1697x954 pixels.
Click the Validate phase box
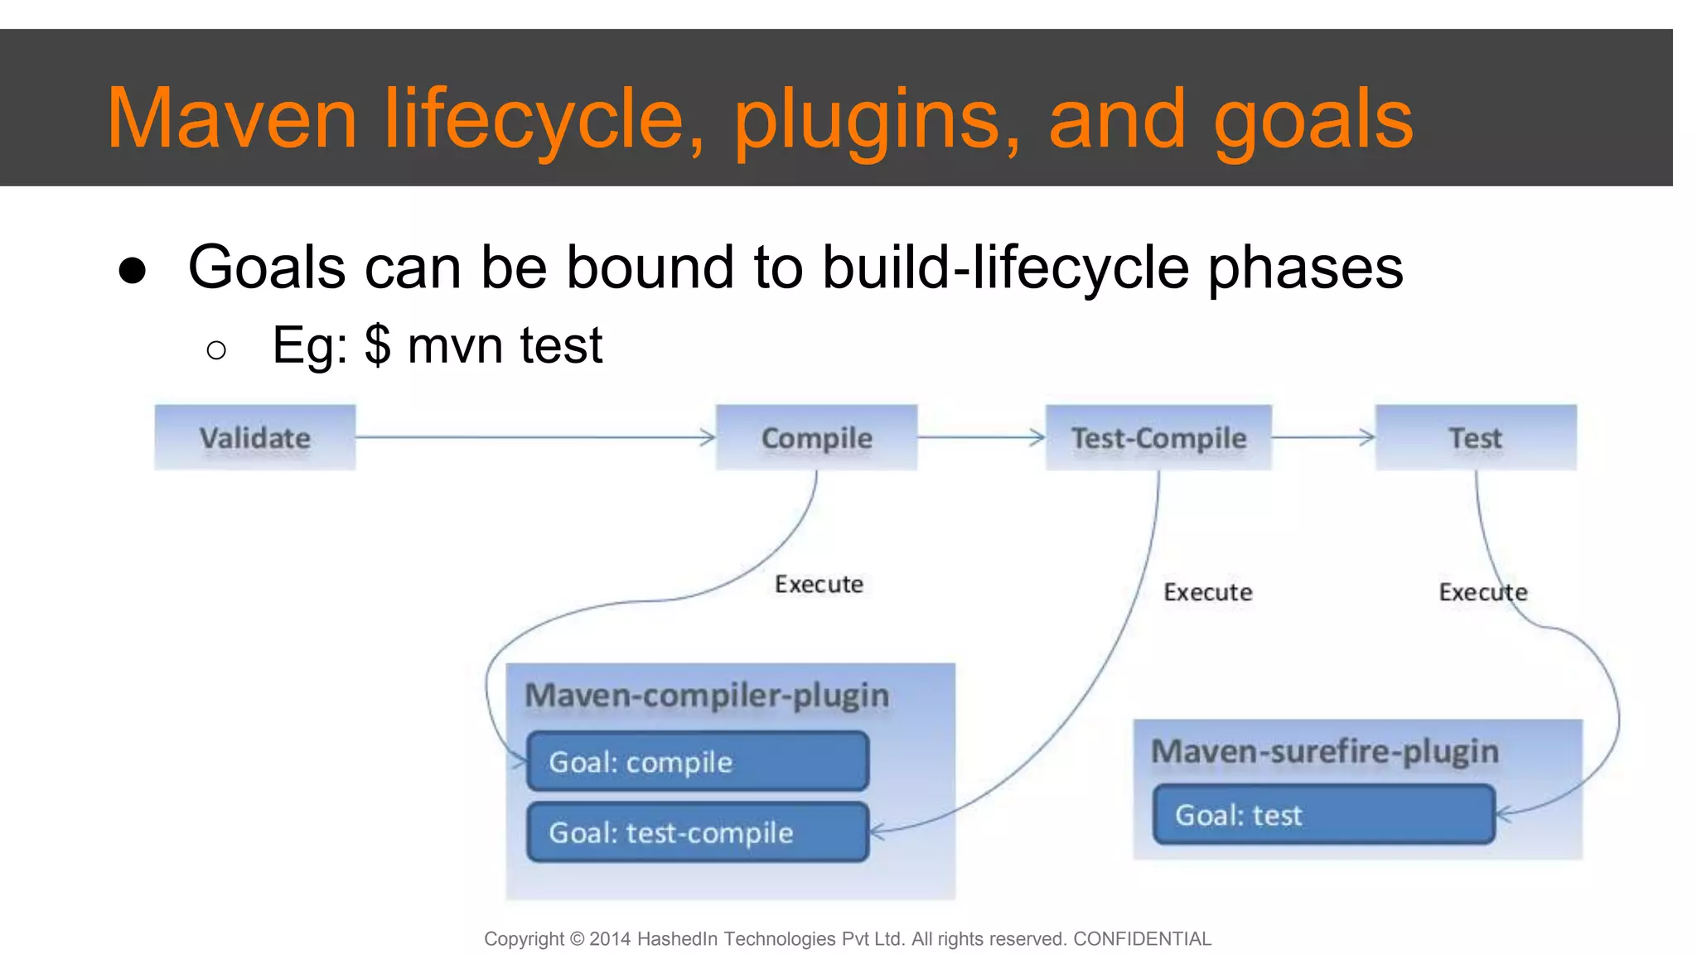255,437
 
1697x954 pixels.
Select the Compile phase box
816,437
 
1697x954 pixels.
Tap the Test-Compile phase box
1158,437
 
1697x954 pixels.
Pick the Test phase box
1476,437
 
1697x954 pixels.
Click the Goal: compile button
698,761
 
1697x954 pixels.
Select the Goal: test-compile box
698,831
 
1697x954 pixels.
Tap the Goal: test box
1323,815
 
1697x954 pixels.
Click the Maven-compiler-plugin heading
707,696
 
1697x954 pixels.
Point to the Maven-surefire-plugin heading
1325,751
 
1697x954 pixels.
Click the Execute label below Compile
819,585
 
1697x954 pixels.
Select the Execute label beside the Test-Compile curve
1207,592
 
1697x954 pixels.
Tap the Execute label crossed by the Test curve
1482,592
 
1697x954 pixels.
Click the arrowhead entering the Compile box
708,437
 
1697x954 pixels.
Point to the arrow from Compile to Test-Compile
982,437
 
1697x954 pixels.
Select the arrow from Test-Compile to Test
1323,437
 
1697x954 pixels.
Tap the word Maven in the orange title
232,120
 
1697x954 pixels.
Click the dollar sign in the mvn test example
378,345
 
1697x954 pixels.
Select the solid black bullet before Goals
133,270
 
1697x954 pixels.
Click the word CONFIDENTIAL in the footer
1142,938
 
